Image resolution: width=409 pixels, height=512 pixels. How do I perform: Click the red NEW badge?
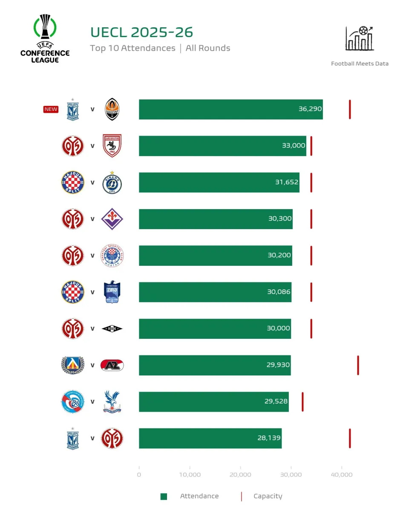[51, 109]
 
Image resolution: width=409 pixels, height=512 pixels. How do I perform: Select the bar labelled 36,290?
[230, 109]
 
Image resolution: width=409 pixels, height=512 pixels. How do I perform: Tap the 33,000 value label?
[294, 145]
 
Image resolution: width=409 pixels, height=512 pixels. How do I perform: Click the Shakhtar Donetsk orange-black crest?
[112, 109]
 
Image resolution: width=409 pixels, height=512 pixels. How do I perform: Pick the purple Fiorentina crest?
[112, 219]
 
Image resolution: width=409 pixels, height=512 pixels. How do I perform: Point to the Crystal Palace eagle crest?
[112, 401]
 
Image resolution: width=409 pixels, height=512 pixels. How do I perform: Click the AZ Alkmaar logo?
[112, 365]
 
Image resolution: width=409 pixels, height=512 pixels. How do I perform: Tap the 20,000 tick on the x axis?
[240, 474]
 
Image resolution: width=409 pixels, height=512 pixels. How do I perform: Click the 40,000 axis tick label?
[341, 474]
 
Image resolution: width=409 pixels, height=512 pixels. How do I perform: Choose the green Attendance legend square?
[164, 496]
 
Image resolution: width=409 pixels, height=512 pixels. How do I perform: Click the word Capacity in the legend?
[268, 496]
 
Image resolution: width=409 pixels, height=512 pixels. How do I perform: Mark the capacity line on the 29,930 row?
[358, 365]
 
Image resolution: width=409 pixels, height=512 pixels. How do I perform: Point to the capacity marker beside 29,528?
[302, 401]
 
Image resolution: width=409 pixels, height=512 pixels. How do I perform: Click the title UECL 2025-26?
[141, 32]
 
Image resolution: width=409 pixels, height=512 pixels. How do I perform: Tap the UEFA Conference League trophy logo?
[45, 38]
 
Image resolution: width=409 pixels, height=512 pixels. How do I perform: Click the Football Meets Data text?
[360, 64]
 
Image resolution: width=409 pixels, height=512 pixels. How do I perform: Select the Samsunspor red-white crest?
[112, 145]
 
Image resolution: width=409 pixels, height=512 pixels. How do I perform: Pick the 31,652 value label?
[287, 182]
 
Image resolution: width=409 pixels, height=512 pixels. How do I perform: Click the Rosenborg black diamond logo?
[112, 329]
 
